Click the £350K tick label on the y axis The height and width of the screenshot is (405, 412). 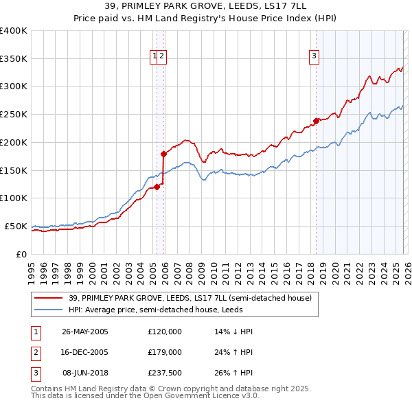tap(14, 59)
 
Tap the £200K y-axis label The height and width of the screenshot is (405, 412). tap(14, 143)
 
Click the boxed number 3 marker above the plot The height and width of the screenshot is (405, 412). tap(314, 57)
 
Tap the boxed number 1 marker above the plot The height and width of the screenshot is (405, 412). tap(155, 57)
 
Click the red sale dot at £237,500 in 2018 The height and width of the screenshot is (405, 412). tap(316, 121)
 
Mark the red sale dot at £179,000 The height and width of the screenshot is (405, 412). tap(163, 154)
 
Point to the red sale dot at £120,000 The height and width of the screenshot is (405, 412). tap(157, 186)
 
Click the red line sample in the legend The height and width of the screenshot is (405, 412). tap(49, 298)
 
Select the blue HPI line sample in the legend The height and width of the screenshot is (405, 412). tap(49, 309)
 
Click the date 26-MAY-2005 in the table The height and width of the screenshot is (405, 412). tap(84, 331)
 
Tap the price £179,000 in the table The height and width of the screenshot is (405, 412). tap(164, 351)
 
